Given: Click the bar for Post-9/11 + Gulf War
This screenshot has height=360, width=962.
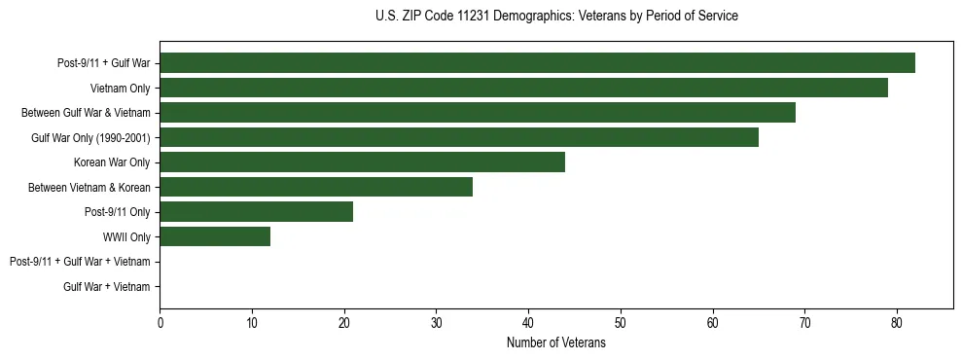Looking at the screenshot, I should (x=537, y=63).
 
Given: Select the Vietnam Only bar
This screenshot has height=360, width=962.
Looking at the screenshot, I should (x=523, y=88).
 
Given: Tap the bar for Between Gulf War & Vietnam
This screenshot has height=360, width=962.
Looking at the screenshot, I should (x=478, y=113).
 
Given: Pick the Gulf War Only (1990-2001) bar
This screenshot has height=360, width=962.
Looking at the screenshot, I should (x=459, y=137).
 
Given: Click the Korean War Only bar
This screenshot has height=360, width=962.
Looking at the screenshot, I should (x=362, y=162).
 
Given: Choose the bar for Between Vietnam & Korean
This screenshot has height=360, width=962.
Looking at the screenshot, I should (x=316, y=187).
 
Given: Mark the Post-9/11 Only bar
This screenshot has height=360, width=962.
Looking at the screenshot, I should (x=256, y=212).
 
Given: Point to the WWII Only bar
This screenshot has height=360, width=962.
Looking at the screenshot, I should (x=215, y=236).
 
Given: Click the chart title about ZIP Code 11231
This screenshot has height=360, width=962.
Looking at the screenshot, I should (x=556, y=17).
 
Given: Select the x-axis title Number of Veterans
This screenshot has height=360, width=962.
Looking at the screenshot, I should (x=556, y=342).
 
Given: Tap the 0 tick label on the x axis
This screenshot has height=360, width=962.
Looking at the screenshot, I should (x=160, y=323).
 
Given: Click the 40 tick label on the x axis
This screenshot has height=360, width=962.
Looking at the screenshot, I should (x=528, y=323).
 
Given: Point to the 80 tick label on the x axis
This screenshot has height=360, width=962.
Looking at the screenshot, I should (x=897, y=323).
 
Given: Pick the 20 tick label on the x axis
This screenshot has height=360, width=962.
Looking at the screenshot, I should (x=344, y=323).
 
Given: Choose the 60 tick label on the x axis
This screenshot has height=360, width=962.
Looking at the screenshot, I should (x=713, y=323).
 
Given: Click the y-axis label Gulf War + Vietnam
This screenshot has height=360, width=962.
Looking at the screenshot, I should (x=106, y=286).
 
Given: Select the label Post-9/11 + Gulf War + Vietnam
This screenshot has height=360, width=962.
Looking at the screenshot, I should (x=80, y=262).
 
